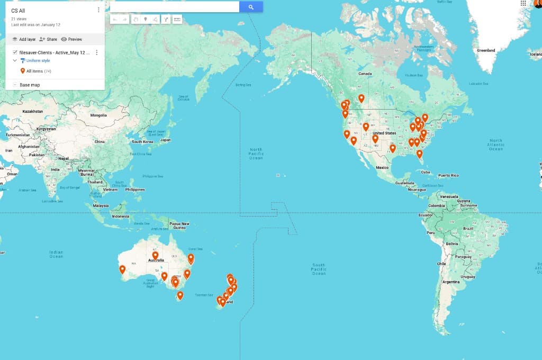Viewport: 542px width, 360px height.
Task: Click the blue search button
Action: tap(251, 7)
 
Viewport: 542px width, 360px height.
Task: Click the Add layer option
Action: tap(24, 39)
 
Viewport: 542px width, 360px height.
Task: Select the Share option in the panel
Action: tap(48, 39)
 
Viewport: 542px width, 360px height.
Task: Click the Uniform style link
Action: tap(38, 61)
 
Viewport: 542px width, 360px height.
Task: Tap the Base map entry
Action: tap(30, 85)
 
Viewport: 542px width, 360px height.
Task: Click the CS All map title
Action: tap(19, 11)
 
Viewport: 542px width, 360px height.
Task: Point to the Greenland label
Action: tap(486, 50)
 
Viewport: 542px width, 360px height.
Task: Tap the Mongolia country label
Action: tap(98, 115)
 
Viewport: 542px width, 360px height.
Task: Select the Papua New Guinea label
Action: tap(179, 225)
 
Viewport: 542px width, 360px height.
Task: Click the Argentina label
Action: tap(451, 282)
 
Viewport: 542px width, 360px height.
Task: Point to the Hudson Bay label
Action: tap(414, 75)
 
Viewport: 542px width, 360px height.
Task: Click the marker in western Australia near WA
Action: tap(122, 269)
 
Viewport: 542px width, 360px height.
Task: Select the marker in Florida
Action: tap(419, 154)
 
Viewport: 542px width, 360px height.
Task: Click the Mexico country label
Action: tap(382, 167)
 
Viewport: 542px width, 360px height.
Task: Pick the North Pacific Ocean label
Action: tap(256, 154)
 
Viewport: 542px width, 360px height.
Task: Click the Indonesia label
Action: tap(120, 216)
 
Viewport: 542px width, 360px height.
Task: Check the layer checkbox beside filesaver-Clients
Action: tap(15, 52)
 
